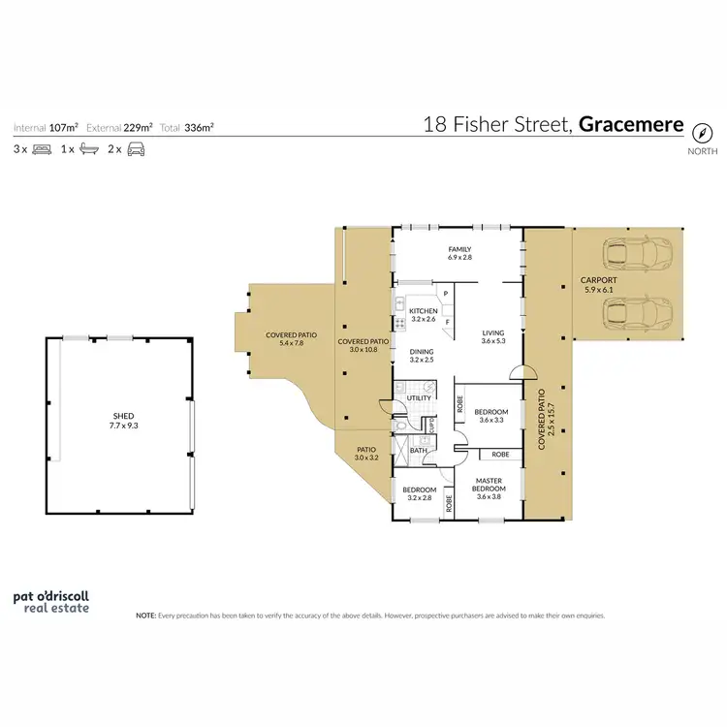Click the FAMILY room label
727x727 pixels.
coord(459,249)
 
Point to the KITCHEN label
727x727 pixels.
coord(424,310)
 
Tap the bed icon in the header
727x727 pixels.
coord(43,150)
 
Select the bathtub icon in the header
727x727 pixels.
coord(88,150)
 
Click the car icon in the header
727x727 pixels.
coord(136,150)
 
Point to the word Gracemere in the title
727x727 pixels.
coord(631,125)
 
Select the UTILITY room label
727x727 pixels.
coord(420,397)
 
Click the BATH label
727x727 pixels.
coord(419,450)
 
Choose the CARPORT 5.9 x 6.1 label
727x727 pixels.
coord(600,283)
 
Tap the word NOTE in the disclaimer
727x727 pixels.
coord(145,615)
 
